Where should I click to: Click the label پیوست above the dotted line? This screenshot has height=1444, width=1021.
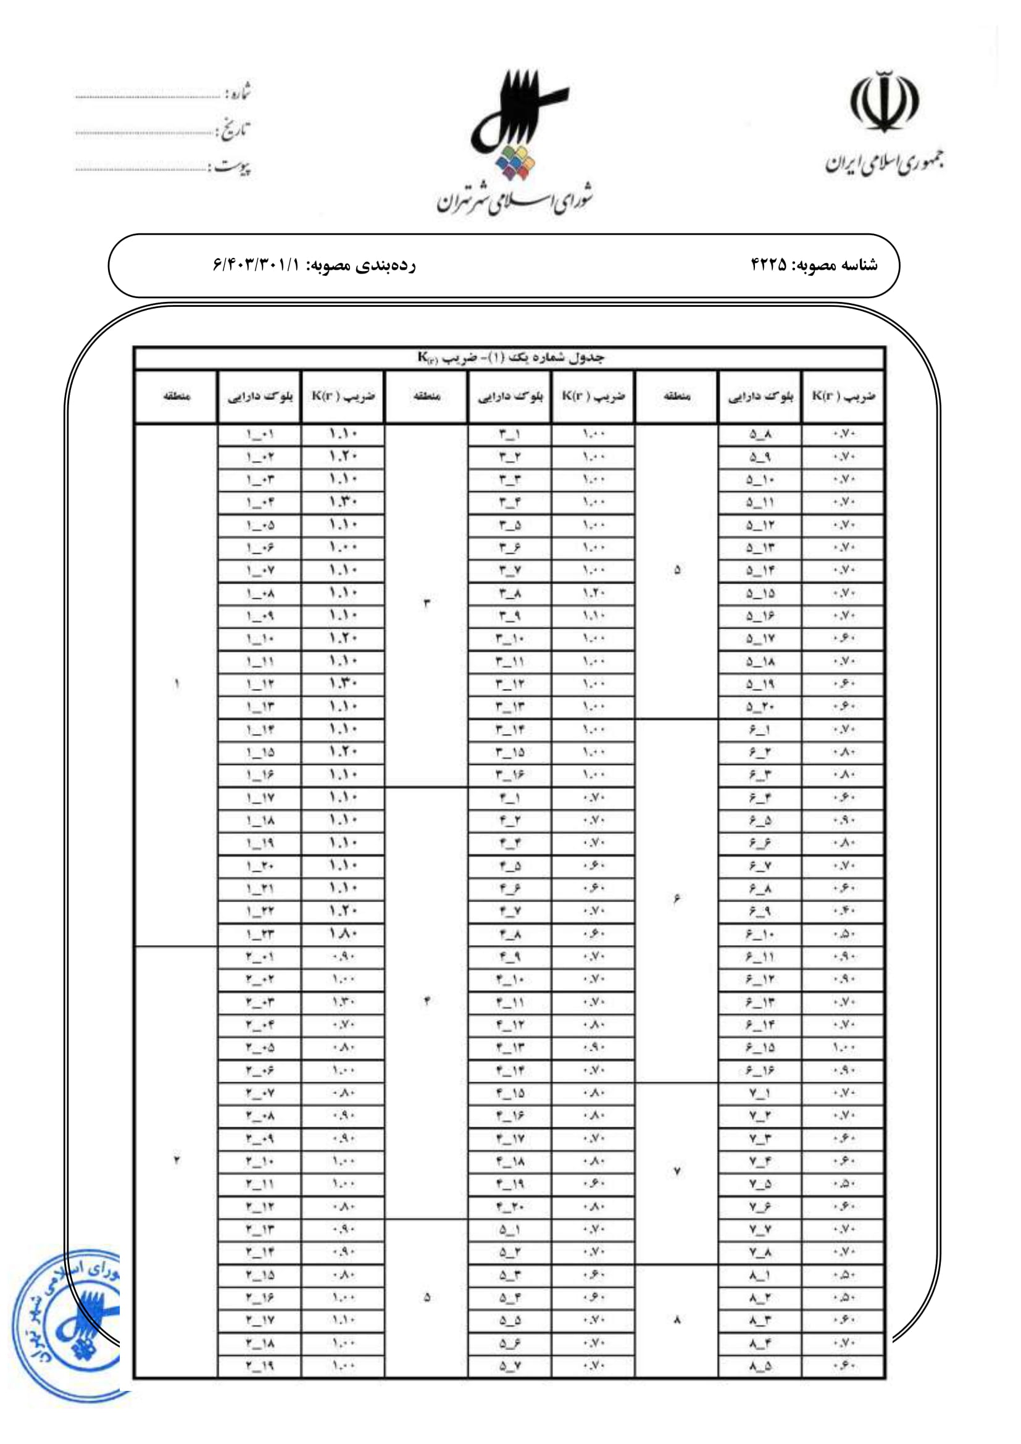[x=232, y=167]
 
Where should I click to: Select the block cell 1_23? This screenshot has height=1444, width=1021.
[x=259, y=935]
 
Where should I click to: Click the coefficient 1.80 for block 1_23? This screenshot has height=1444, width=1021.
[x=343, y=935]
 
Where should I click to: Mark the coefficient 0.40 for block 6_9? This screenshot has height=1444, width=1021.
[x=843, y=911]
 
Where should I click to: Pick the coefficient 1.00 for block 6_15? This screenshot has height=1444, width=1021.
[x=843, y=1048]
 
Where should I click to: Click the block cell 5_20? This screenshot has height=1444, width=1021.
[x=760, y=707]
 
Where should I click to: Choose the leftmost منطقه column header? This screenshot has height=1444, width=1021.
[x=176, y=396]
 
